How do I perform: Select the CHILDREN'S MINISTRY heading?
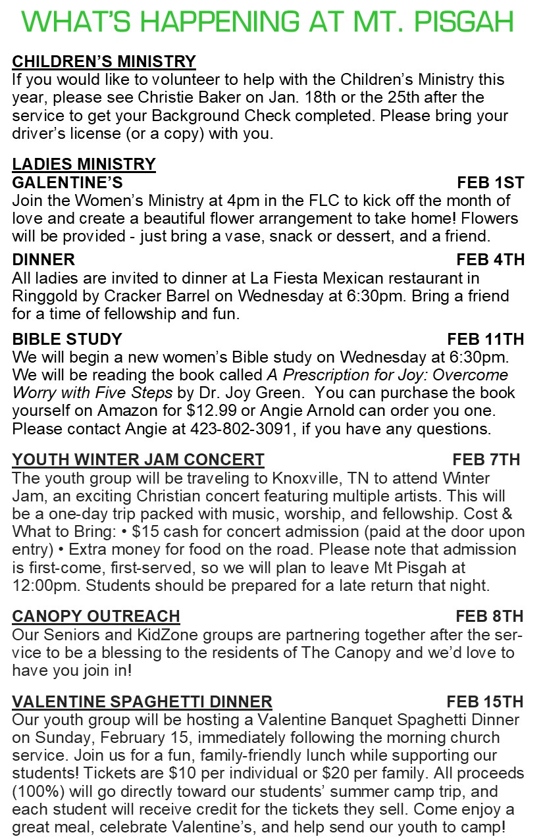pos(104,62)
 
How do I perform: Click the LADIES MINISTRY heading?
pos(84,164)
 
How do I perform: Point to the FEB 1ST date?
pos(490,182)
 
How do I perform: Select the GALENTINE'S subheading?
pos(67,182)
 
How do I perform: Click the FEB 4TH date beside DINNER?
pos(490,260)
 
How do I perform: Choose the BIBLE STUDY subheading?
pos(67,340)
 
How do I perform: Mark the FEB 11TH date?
pos(486,340)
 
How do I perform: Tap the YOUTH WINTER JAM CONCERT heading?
pos(138,459)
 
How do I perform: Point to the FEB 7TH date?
pos(486,459)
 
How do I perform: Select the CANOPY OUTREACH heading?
pos(96,617)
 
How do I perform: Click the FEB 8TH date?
pos(489,617)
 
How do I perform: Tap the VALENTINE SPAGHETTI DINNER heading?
pos(142,701)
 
